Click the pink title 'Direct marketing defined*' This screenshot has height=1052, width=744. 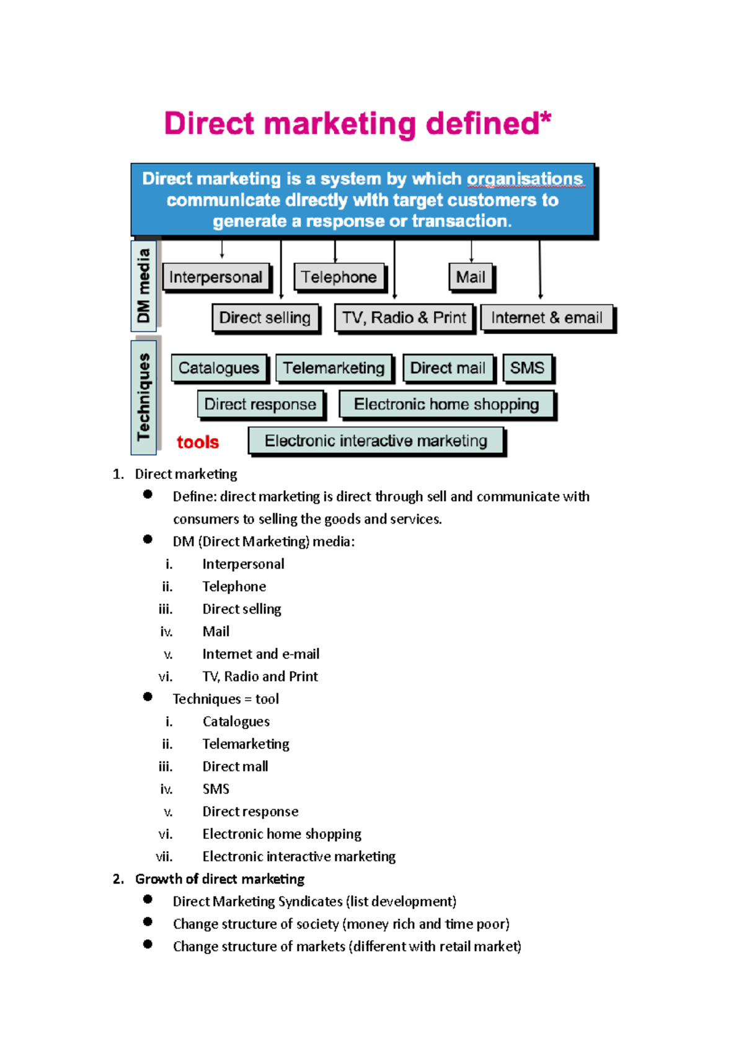coord(357,123)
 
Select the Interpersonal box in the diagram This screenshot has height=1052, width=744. coord(216,277)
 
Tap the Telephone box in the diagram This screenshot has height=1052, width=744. coord(339,277)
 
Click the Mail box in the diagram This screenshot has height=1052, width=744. coord(471,277)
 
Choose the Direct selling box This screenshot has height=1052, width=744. coord(265,318)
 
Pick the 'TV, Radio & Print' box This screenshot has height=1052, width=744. coord(404,318)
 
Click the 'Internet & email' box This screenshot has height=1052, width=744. coord(546,318)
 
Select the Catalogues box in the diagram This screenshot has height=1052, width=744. coord(219,368)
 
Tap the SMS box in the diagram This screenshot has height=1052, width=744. coord(527,368)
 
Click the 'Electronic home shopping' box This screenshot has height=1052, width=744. coord(446,405)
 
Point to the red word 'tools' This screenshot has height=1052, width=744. coord(198,442)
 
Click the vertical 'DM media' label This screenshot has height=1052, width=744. coord(144,286)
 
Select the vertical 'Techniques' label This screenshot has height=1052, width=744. coord(144,397)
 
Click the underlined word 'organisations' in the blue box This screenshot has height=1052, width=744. coord(525,179)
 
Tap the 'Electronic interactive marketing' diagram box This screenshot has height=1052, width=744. coord(376,441)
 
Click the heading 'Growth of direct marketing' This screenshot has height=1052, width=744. coord(219,879)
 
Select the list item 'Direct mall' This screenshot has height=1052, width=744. coord(235,766)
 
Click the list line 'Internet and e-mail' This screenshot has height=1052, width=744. coord(260,654)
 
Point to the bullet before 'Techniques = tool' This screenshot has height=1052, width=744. coord(148,697)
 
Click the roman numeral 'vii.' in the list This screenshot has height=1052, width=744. coord(164,857)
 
